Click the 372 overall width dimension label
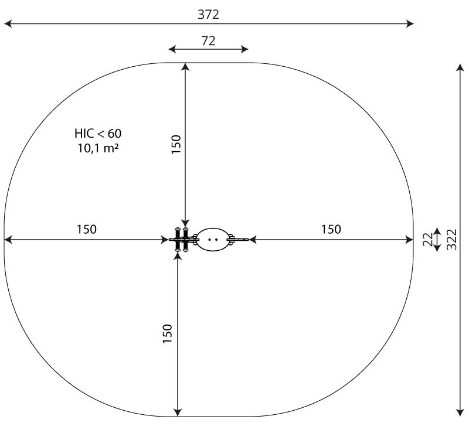[x=208, y=15]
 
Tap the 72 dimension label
[x=208, y=41]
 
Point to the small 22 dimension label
[x=428, y=240]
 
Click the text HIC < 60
[x=98, y=134]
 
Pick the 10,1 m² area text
[x=98, y=148]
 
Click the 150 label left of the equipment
[x=87, y=229]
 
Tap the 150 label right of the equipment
[x=331, y=229]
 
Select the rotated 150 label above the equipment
[x=176, y=145]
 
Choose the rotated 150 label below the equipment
[x=168, y=334]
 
